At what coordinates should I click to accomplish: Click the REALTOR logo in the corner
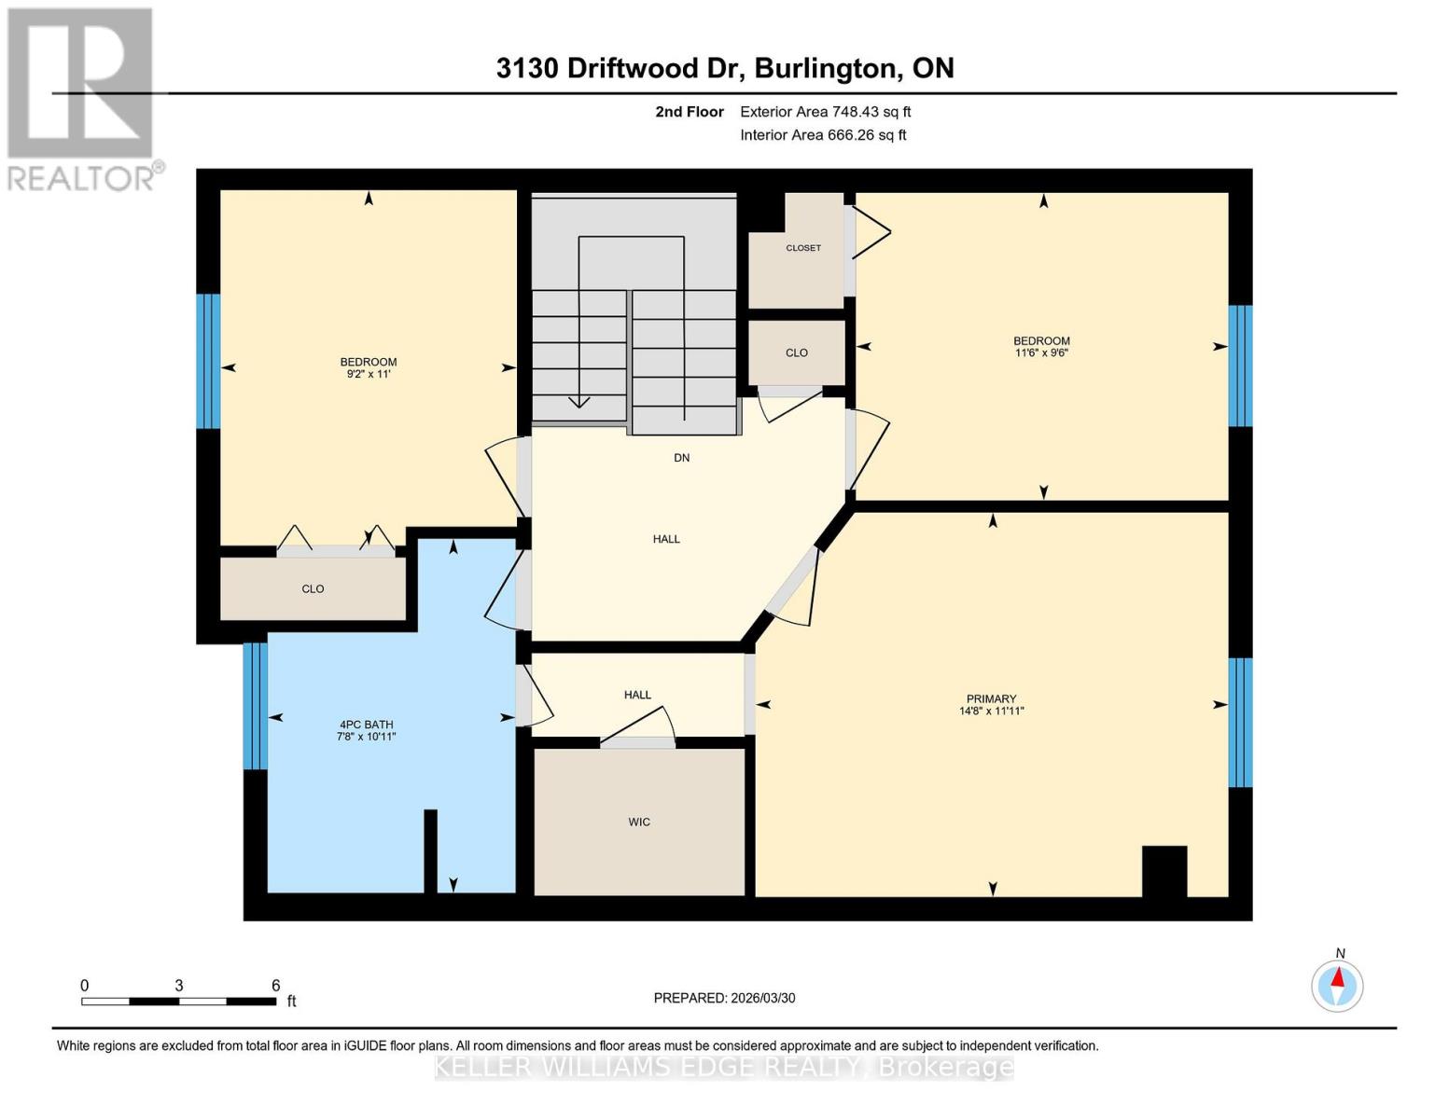click(82, 98)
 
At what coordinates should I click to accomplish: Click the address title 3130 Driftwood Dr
click(724, 68)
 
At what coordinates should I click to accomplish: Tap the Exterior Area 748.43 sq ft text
click(825, 112)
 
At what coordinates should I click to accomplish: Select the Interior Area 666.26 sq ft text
click(823, 135)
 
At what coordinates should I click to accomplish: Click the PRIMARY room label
click(991, 698)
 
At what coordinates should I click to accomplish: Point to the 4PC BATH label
click(366, 725)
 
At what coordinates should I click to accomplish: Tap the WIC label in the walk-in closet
click(639, 822)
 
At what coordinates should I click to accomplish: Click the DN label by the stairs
click(682, 458)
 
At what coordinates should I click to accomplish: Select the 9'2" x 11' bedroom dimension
click(368, 374)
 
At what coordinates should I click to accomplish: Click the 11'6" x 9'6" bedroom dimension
click(1041, 353)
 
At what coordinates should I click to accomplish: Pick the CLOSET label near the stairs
click(803, 248)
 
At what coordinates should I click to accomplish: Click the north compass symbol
click(1337, 985)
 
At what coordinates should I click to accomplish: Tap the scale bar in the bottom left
click(178, 1002)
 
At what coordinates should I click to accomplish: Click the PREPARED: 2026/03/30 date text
click(724, 998)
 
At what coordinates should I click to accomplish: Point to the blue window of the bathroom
click(255, 706)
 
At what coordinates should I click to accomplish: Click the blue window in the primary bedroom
click(1240, 723)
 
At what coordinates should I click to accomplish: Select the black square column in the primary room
click(1164, 871)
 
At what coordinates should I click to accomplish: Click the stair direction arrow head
click(579, 402)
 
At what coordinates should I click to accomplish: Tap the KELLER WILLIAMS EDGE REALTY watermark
click(724, 1067)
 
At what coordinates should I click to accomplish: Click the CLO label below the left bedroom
click(313, 588)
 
